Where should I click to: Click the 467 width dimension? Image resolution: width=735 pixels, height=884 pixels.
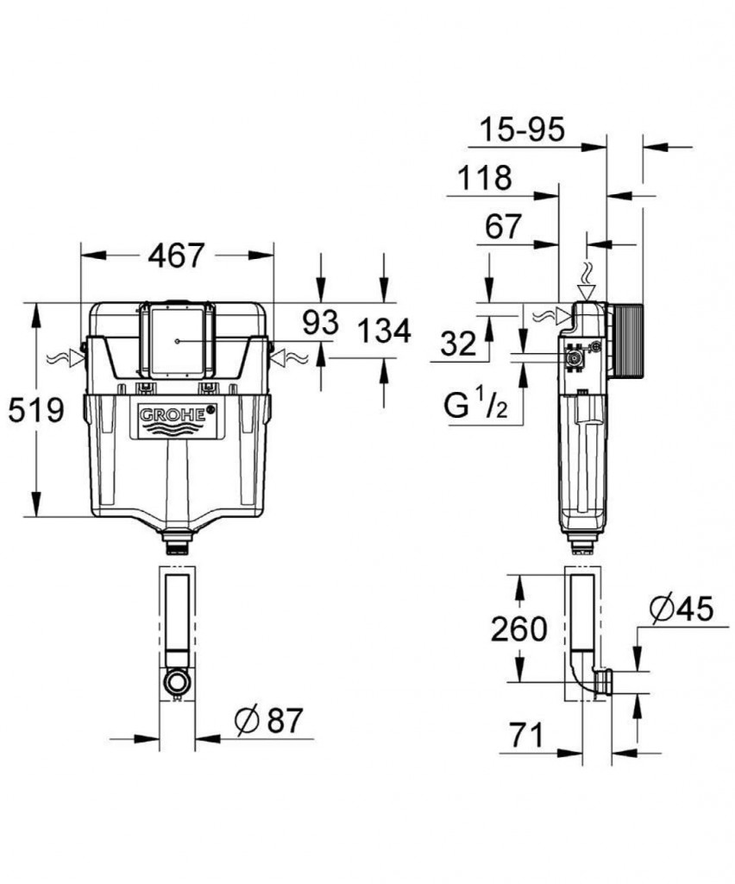(x=176, y=256)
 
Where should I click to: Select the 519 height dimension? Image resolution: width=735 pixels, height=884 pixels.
(x=36, y=411)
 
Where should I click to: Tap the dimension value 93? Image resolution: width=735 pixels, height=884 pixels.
(x=320, y=323)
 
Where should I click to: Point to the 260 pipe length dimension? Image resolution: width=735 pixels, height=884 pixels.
(x=519, y=629)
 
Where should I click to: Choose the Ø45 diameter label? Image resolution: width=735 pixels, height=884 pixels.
(x=681, y=609)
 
